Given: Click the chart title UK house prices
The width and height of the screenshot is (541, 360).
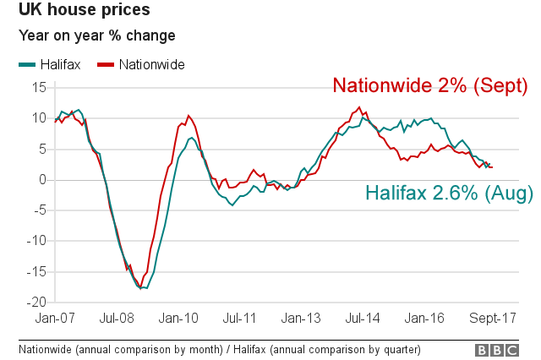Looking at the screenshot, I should (x=79, y=11).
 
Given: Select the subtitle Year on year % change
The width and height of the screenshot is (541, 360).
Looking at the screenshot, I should (x=97, y=36).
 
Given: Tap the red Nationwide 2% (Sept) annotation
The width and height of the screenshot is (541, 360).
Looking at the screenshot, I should (x=430, y=86).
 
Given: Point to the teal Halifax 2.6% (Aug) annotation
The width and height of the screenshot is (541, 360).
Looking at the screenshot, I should (x=449, y=194).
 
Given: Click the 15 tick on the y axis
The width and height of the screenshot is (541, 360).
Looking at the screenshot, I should (x=39, y=87).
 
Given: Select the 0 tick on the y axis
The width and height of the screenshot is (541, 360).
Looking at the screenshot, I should (x=43, y=179).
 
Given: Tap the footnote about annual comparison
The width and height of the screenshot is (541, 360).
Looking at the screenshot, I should (x=219, y=349).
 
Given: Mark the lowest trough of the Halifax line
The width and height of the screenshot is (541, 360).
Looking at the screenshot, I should (x=145, y=288).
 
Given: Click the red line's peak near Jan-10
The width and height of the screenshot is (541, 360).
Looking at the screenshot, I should (x=188, y=116).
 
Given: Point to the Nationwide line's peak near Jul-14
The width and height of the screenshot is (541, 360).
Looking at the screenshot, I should (x=359, y=107).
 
